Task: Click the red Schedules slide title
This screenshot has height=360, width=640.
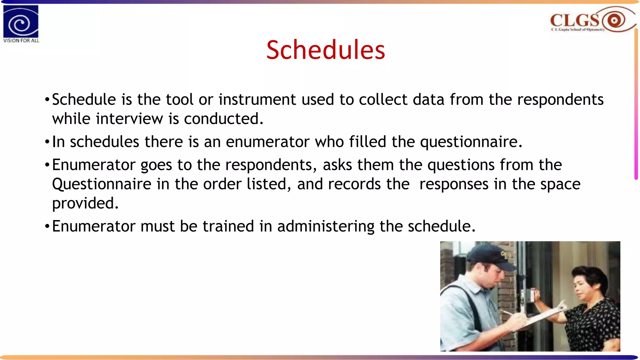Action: coord(325,50)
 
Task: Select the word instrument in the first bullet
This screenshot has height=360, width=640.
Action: coord(257,100)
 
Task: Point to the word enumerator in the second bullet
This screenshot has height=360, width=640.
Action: coord(267,142)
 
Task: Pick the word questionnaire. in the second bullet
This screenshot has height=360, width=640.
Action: coord(471,142)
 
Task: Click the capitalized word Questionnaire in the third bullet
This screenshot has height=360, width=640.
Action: coord(102,184)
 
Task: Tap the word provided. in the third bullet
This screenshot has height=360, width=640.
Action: coord(85,203)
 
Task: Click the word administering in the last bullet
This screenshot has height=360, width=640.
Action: coord(326,227)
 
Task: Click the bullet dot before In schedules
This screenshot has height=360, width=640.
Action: coord(47,142)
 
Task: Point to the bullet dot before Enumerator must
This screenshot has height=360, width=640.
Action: coord(47,227)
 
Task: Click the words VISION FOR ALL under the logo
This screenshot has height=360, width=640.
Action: coord(21,41)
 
